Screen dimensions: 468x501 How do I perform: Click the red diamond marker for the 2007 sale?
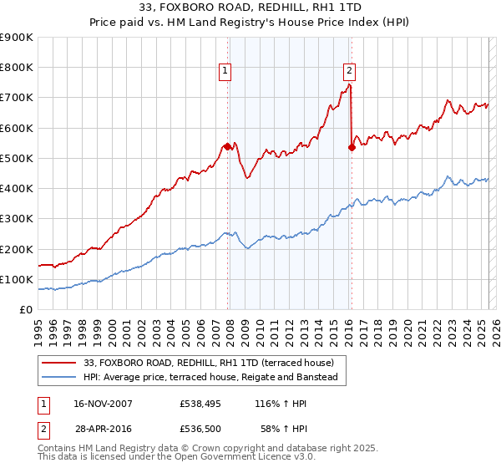(x=227, y=146)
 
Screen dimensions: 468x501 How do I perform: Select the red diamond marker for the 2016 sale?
(x=352, y=147)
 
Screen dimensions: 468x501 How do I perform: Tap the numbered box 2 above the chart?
(x=349, y=72)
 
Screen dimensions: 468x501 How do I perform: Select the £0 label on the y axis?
(x=27, y=309)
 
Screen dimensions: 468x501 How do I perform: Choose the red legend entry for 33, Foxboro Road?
(x=208, y=363)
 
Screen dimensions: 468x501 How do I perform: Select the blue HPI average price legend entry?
(x=210, y=378)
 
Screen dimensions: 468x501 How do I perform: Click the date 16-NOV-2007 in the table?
(x=98, y=404)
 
